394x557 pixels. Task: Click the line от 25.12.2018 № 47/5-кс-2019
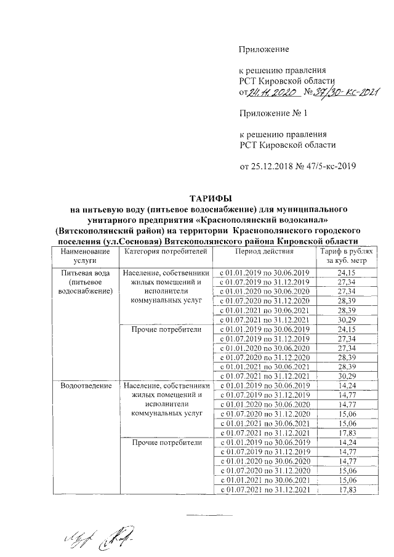298,166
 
